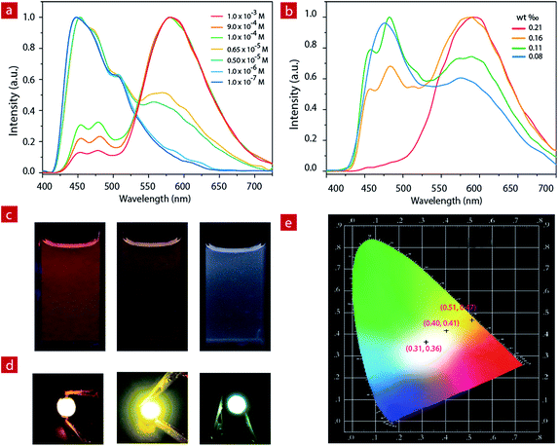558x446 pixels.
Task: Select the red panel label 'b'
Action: [x=289, y=10]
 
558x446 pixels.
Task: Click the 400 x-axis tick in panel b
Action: [x=336, y=183]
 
